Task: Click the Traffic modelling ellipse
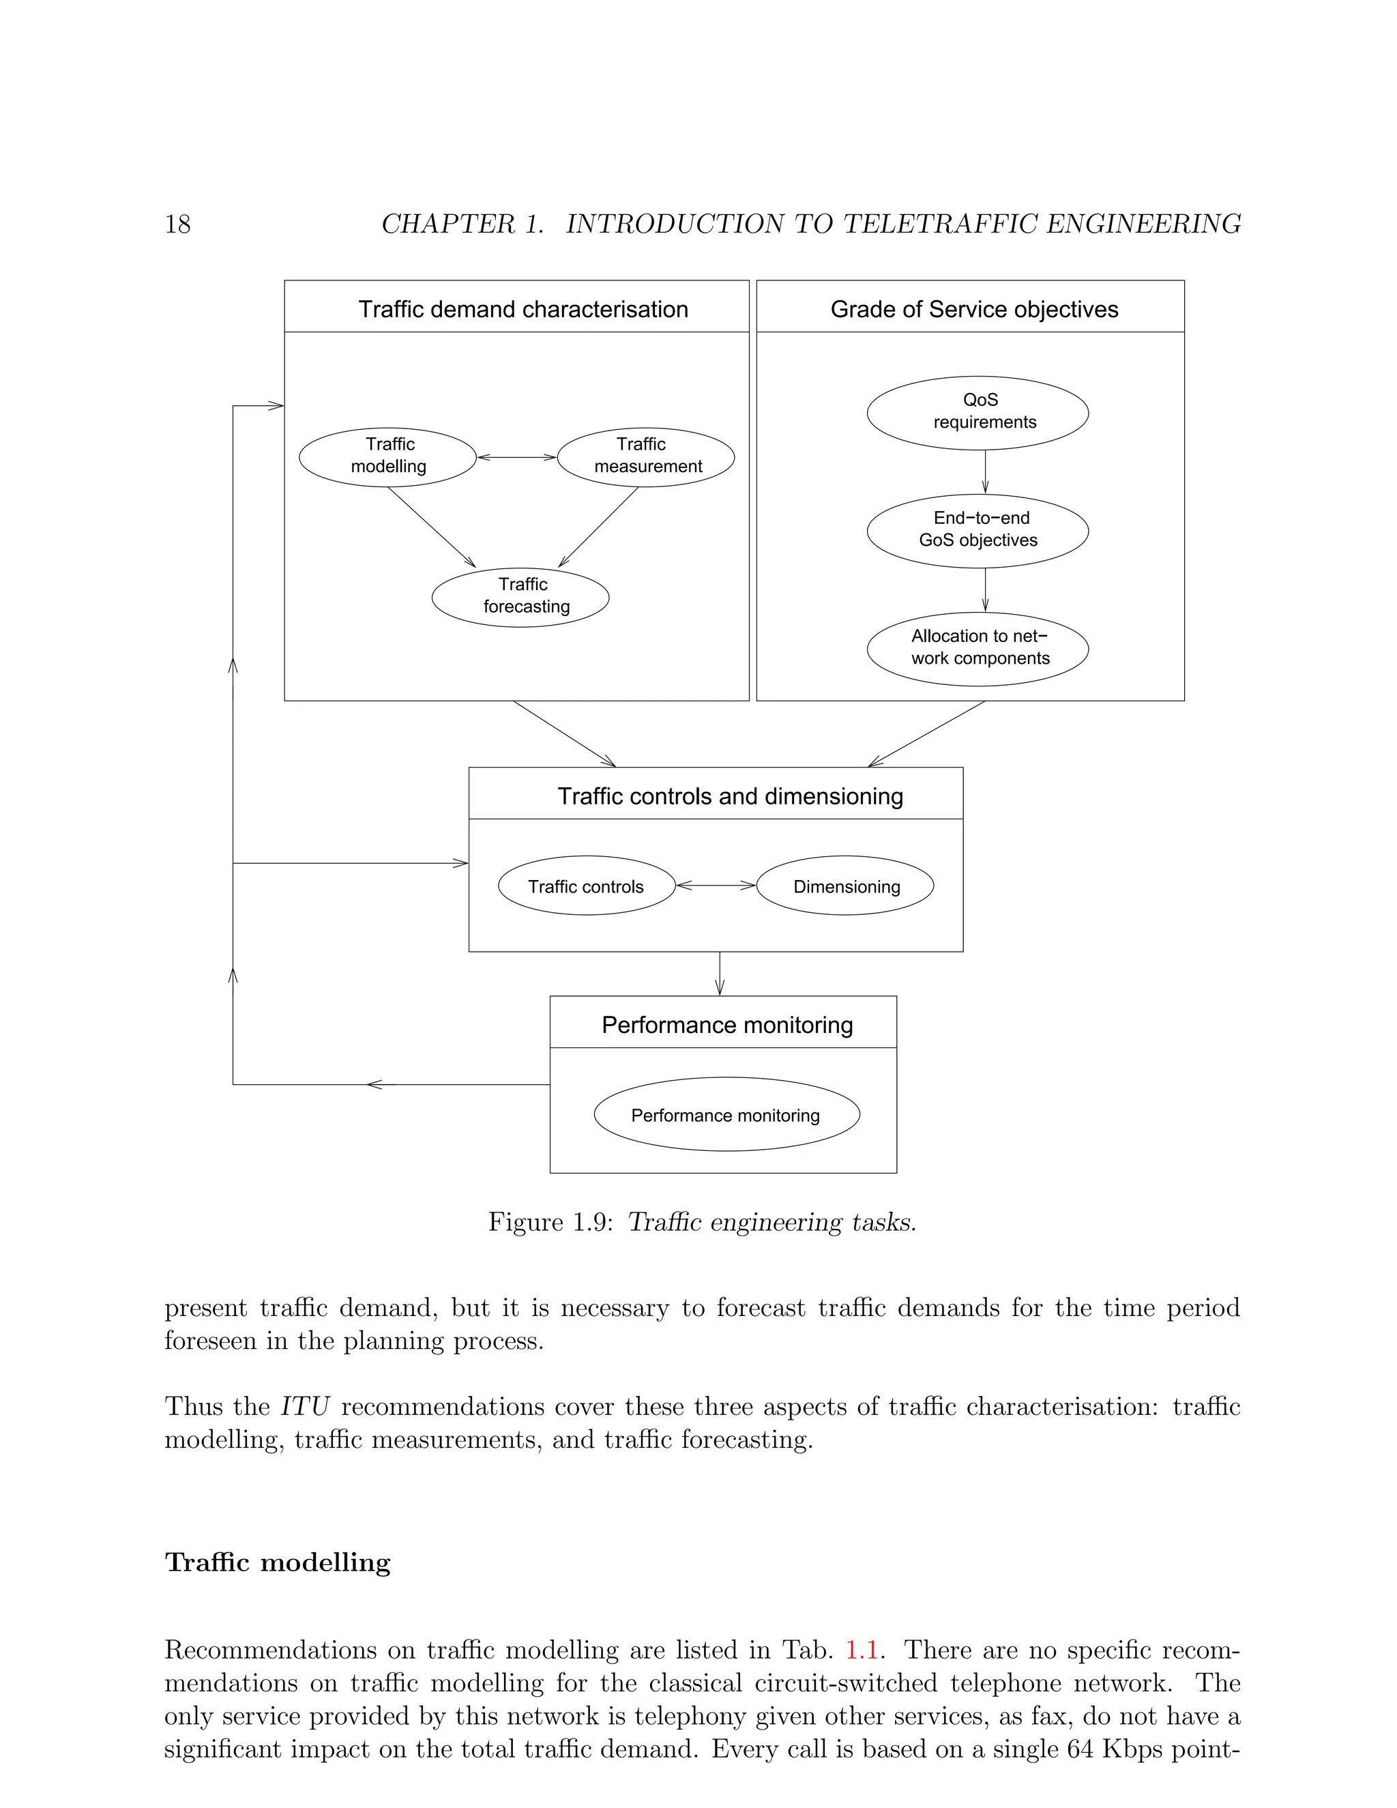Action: click(x=387, y=456)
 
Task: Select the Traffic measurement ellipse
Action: click(x=645, y=456)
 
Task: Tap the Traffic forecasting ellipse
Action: click(x=520, y=596)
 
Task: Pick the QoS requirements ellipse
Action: click(x=977, y=412)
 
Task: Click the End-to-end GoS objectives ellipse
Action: click(x=977, y=530)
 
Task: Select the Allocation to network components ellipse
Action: click(x=977, y=648)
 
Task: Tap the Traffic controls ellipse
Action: click(x=586, y=885)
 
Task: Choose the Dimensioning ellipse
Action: click(x=845, y=885)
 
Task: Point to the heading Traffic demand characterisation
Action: click(x=523, y=309)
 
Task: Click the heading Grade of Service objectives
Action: click(x=974, y=309)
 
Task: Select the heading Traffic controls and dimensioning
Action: click(x=730, y=796)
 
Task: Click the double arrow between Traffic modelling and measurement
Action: click(x=516, y=457)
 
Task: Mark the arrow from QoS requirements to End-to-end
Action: click(x=985, y=472)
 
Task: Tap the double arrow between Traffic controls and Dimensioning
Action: click(x=716, y=885)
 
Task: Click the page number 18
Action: click(x=177, y=224)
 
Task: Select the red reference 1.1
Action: click(x=861, y=1649)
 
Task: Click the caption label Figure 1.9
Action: click(x=550, y=1222)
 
